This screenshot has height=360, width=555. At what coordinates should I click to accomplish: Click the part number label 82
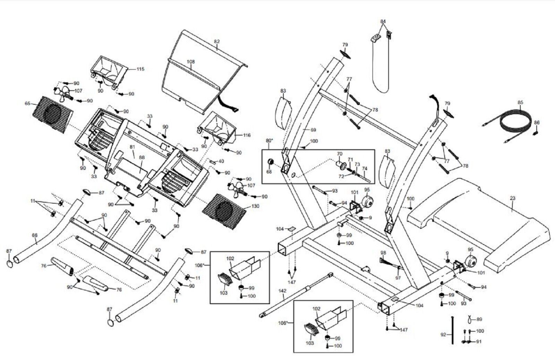coord(217,41)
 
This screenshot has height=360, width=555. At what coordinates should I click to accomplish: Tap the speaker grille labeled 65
coord(53,114)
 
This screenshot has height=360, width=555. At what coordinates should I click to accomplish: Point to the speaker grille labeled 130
coord(224,211)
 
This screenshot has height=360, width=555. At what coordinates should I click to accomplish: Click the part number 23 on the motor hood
coord(513,198)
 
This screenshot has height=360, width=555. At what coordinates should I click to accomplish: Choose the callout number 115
coord(140,69)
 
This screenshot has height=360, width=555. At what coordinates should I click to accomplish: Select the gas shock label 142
coord(282,291)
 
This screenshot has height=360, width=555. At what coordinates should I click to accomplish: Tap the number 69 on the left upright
coord(313,130)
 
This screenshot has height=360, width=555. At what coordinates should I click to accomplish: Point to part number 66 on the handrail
coord(35,235)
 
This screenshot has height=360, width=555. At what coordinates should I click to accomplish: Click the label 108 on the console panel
coord(191,61)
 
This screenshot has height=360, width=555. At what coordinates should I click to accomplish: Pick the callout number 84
coord(383,21)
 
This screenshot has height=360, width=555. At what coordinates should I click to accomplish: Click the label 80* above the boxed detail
coord(270,140)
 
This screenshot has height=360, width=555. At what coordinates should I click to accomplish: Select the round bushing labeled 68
coord(270,162)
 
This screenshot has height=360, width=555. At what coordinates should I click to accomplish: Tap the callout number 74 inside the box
coord(365,169)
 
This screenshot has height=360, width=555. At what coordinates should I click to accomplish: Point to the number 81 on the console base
coord(132,147)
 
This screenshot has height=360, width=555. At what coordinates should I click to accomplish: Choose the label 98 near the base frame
coord(383,253)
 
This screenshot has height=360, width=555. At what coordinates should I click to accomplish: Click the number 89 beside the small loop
coord(479,319)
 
